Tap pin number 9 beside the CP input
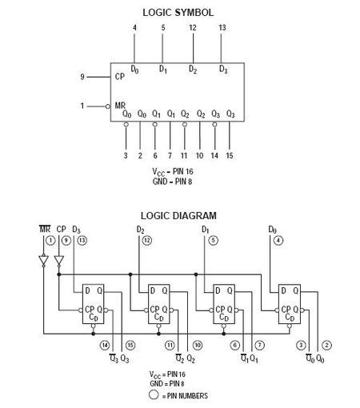82,77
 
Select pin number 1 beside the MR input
82,105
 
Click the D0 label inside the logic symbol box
134,70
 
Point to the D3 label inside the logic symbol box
223,70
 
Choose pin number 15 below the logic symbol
230,154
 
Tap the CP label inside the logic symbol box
119,78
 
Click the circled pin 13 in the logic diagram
81,240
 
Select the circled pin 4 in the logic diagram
278,240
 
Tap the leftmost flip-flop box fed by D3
92,304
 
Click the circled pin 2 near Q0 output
326,345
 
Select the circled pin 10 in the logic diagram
196,345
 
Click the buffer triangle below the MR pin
45,261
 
